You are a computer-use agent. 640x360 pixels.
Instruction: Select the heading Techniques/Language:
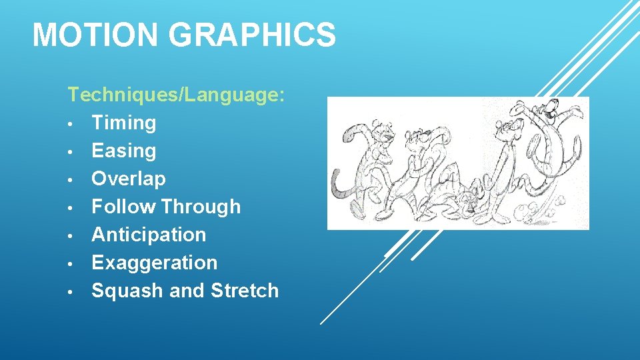tap(177, 95)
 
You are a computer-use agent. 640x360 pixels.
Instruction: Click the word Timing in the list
tap(123, 123)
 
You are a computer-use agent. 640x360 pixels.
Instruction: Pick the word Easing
tap(123, 151)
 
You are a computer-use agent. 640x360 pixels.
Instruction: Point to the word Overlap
tap(128, 179)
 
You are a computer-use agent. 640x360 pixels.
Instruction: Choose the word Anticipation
tap(149, 235)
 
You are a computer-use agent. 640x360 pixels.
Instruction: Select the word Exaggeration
tap(154, 263)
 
